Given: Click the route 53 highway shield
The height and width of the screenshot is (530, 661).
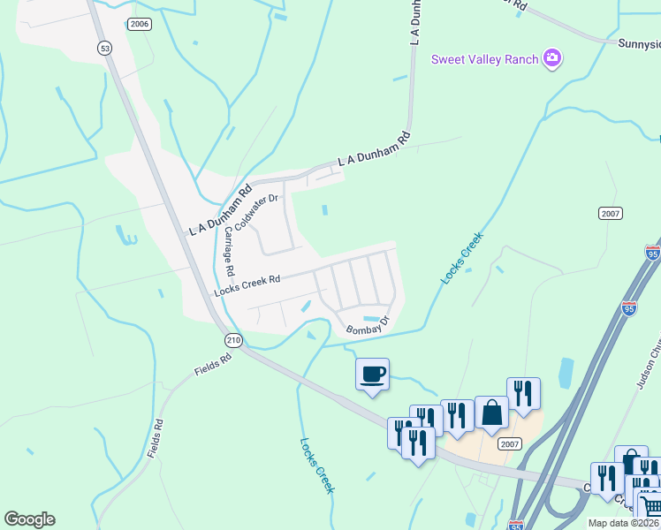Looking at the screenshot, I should pos(105,49).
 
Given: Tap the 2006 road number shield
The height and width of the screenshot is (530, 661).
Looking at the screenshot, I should pos(139,24).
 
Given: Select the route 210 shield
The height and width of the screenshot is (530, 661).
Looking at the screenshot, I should pos(232,340).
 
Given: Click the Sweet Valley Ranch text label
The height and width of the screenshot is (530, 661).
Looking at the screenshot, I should pos(485,59).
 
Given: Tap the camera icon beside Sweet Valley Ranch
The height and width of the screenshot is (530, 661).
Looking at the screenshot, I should pos(553,58).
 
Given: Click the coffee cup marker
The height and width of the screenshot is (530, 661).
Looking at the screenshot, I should pos(372,375).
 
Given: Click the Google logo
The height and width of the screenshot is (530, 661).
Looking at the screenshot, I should pos(29,519).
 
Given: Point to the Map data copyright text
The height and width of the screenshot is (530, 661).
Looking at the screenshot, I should pos(623,523).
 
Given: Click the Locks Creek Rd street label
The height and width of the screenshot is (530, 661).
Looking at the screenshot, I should pos(247,285).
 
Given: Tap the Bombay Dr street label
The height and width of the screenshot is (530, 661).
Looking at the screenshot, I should pos(367,329).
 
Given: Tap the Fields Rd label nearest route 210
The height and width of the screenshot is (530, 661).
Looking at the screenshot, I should pos(213,360).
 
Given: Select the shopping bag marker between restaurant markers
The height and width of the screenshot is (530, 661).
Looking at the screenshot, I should pos(491,413).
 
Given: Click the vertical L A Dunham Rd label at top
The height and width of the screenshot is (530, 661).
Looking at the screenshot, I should pos(413,22).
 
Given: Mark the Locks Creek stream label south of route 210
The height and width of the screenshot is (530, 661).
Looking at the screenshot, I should pos(316,466).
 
